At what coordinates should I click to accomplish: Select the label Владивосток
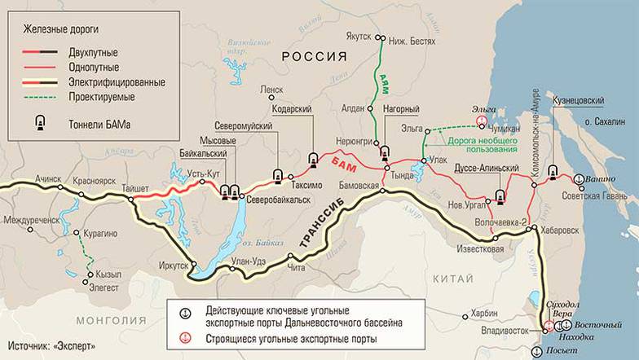(x=507, y=331)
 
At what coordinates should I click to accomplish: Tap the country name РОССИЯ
(x=314, y=56)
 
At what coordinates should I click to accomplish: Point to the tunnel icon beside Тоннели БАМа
(x=37, y=125)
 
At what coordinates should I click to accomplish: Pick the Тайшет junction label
(x=134, y=187)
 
